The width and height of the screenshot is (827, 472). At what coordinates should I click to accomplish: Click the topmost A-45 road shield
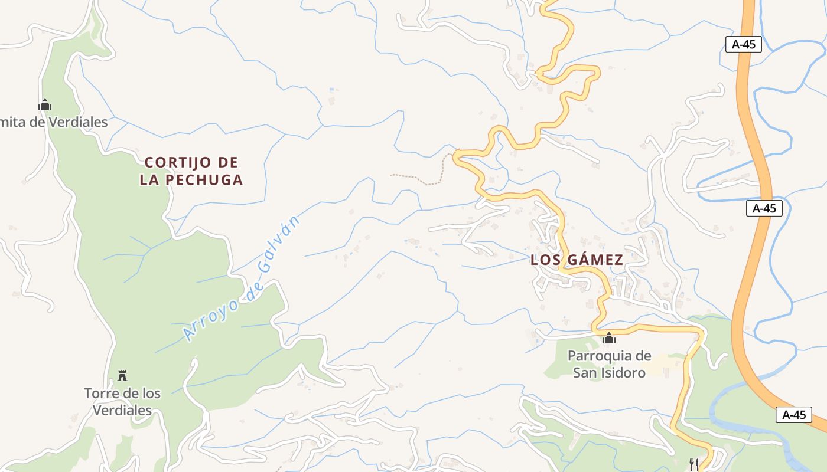(744, 44)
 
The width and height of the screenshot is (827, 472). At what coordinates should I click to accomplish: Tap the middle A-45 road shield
(764, 208)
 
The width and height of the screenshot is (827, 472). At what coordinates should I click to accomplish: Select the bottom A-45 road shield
(794, 414)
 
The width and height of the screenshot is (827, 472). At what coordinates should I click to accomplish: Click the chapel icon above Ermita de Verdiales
(45, 105)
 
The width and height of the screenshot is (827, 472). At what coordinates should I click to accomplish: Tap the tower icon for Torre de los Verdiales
(122, 375)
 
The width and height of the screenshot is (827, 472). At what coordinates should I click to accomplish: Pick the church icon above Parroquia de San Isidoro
(608, 339)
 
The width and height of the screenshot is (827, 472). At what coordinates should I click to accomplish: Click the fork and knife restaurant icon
(694, 464)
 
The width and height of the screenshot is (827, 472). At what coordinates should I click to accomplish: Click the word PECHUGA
(205, 180)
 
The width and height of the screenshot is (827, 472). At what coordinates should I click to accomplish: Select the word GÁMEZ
(595, 260)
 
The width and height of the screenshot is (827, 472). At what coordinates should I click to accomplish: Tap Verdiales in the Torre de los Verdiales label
(122, 410)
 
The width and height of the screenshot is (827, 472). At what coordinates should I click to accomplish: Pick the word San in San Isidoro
(585, 373)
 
